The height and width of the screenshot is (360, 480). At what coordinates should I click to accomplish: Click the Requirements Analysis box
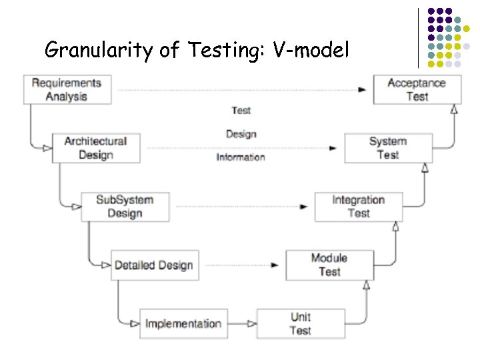click(x=67, y=89)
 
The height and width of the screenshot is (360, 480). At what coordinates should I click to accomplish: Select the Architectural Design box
click(x=96, y=148)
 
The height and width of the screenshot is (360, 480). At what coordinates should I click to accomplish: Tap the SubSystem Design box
click(x=125, y=206)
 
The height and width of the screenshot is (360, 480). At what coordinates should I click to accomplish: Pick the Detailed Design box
click(x=154, y=265)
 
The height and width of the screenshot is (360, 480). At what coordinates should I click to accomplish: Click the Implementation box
click(x=183, y=323)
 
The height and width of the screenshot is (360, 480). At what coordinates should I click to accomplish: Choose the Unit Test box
click(x=301, y=323)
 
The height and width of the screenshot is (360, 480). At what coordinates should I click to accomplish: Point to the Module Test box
click(x=329, y=265)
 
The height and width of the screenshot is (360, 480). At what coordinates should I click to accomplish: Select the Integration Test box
click(x=359, y=206)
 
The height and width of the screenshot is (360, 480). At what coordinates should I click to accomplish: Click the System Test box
click(x=388, y=148)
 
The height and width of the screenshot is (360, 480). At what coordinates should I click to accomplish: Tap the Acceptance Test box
click(x=417, y=89)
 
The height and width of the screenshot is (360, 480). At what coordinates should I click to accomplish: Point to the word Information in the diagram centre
click(x=241, y=157)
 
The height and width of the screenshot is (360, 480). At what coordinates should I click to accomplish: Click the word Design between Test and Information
click(x=241, y=134)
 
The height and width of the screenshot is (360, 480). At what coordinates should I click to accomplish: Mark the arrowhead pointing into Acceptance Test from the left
click(x=362, y=89)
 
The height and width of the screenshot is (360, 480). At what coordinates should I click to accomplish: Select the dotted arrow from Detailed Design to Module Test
click(x=240, y=265)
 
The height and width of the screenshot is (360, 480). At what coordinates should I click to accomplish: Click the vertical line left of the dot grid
click(x=419, y=37)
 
